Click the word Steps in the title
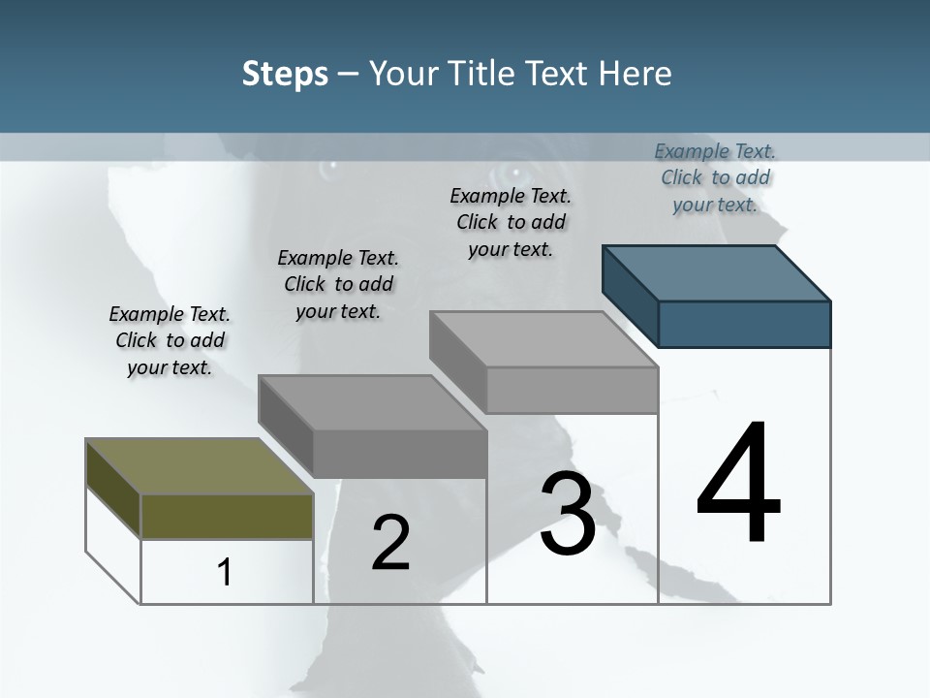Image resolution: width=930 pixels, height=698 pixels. (x=285, y=74)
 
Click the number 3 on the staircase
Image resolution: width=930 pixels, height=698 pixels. (x=568, y=514)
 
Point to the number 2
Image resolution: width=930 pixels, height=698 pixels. (x=390, y=543)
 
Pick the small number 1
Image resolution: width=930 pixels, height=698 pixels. (x=225, y=572)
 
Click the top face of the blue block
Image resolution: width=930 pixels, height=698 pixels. (x=717, y=273)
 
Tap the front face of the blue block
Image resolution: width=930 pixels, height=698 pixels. (x=744, y=324)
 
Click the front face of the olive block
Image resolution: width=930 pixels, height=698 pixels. (x=227, y=517)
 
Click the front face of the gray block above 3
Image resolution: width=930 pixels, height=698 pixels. (x=572, y=390)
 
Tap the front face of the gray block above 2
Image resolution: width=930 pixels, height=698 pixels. (x=399, y=454)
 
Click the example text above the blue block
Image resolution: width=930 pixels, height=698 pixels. (x=715, y=177)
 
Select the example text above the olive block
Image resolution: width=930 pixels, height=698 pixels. (x=170, y=340)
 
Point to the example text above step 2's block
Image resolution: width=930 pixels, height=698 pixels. (x=338, y=284)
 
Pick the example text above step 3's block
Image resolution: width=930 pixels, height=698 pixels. (x=511, y=222)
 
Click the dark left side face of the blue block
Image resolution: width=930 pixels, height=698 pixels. (x=630, y=291)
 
